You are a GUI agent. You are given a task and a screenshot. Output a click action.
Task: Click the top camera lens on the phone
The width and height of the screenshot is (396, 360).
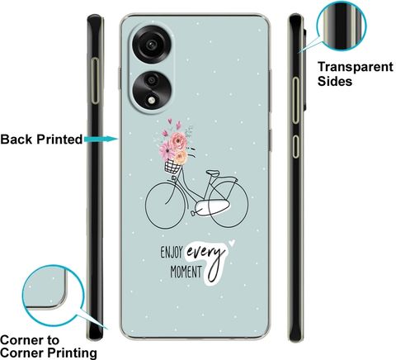(x=151, y=45)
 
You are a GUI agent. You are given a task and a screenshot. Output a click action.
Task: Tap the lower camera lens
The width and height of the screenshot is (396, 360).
(x=151, y=80)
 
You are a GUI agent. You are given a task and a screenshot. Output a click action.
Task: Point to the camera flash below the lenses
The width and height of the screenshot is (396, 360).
(x=151, y=100)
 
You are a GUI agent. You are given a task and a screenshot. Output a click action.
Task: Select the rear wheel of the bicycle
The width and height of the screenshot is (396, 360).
(x=229, y=204)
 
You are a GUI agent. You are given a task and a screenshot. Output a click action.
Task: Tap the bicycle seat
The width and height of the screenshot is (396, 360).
(x=213, y=173)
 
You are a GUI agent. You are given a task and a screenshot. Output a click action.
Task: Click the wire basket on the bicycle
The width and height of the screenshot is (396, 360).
(x=172, y=167)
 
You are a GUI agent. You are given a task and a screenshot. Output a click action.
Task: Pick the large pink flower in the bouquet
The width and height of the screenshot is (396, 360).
(x=178, y=140)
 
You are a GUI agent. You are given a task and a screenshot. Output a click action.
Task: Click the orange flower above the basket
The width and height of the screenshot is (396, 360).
(x=181, y=158)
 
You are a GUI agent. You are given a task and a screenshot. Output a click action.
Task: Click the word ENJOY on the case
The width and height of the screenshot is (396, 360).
(x=172, y=253)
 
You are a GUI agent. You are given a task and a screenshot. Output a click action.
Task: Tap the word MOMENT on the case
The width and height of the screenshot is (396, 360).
(x=186, y=272)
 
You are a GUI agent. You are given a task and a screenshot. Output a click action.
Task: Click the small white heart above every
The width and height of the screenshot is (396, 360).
(x=232, y=243)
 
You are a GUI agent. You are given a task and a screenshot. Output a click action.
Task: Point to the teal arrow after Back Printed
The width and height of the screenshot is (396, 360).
(x=101, y=140)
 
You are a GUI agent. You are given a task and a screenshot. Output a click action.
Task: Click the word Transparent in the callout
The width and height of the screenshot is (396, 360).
(x=356, y=67)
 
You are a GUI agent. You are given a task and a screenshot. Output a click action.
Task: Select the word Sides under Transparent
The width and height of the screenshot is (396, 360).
(x=335, y=82)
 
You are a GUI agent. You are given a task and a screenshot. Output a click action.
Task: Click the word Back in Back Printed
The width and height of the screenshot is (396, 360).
(x=16, y=140)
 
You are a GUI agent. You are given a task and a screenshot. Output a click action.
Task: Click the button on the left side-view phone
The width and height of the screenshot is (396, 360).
(x=95, y=81)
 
